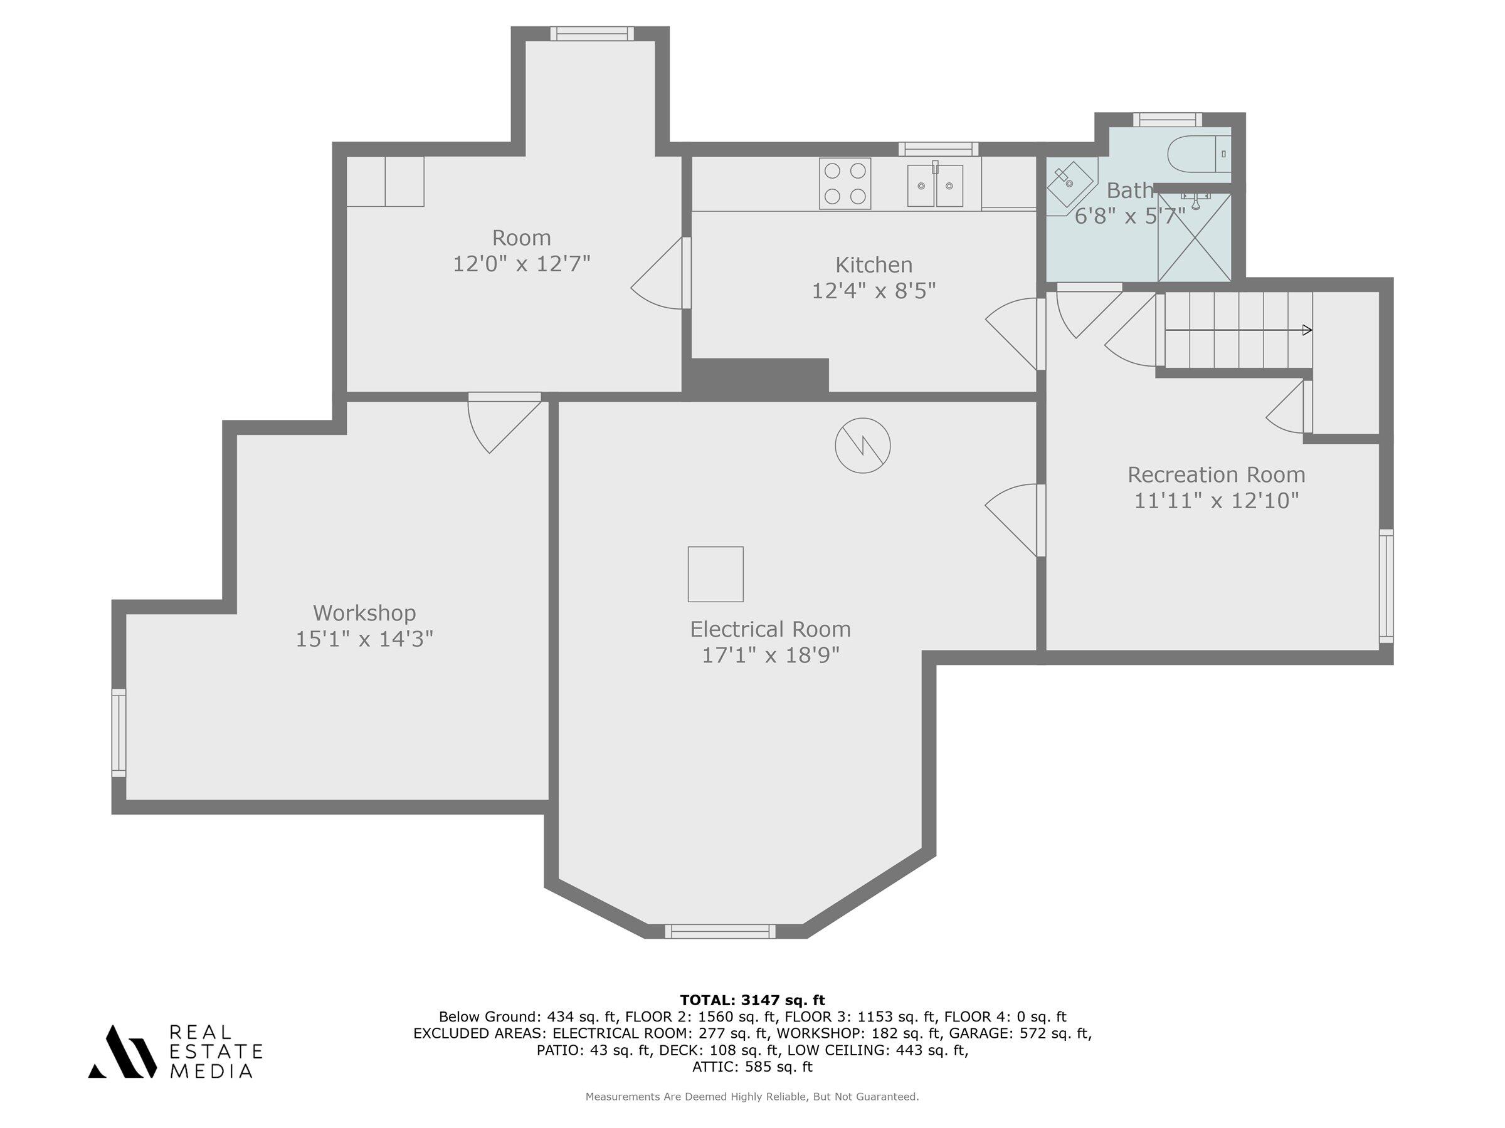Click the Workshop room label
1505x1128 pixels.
(x=365, y=613)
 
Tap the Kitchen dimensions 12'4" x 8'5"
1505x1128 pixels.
(x=874, y=291)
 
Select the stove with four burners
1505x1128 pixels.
(x=845, y=184)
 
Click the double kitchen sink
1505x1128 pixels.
(x=935, y=185)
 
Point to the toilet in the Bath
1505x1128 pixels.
(x=1199, y=154)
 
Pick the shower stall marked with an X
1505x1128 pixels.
(x=1195, y=237)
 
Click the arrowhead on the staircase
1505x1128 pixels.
(x=1306, y=330)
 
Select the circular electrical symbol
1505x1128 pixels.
(x=863, y=446)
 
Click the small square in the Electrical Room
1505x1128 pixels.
(x=716, y=574)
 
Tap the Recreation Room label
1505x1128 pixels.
(x=1217, y=474)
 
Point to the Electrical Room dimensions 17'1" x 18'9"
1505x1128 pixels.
(x=771, y=655)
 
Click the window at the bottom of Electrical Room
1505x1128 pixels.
(x=720, y=931)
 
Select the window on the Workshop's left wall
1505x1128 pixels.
(x=119, y=733)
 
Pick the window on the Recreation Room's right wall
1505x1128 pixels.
(x=1386, y=586)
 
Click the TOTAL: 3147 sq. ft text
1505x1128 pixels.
(x=752, y=1000)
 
